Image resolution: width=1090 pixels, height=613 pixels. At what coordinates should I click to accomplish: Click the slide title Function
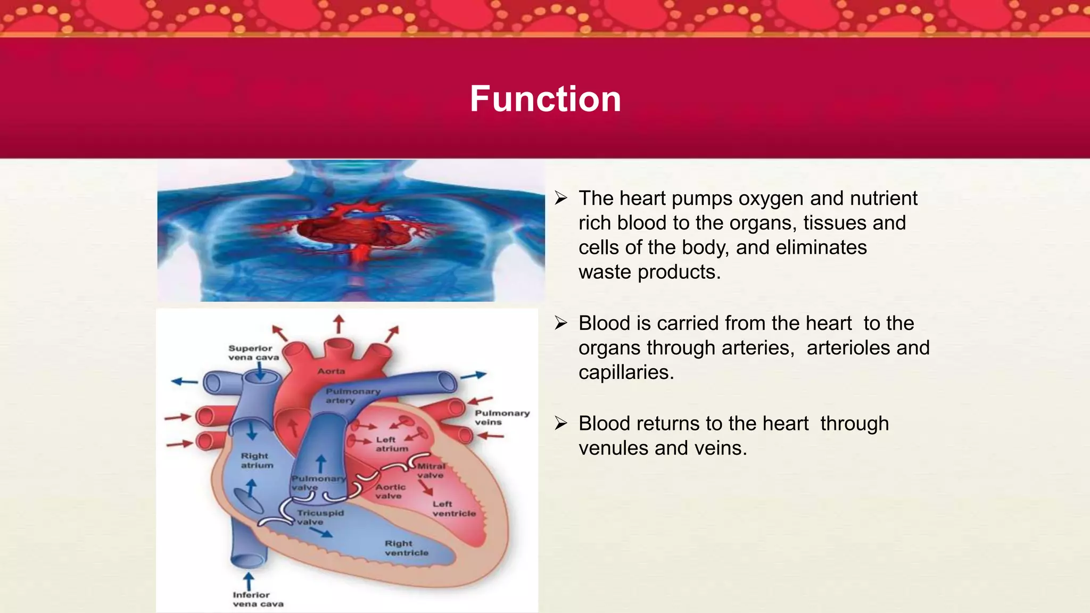tap(545, 99)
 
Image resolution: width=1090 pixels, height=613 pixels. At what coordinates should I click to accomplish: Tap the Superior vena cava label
tap(253, 352)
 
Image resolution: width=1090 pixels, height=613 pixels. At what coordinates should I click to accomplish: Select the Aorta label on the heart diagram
tap(331, 371)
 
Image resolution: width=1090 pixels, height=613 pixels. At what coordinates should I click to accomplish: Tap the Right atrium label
tap(257, 460)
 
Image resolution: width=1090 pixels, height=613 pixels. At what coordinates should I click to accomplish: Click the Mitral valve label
tap(431, 470)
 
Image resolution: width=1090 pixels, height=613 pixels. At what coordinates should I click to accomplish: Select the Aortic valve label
tap(390, 491)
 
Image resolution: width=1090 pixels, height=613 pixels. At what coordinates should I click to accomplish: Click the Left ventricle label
tap(453, 509)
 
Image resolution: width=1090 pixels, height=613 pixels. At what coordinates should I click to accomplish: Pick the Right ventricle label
tap(406, 548)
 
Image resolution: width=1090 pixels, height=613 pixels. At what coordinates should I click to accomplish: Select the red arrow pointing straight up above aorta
tap(338, 324)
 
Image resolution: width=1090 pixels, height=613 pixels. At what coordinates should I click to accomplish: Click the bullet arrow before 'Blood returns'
tap(561, 424)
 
